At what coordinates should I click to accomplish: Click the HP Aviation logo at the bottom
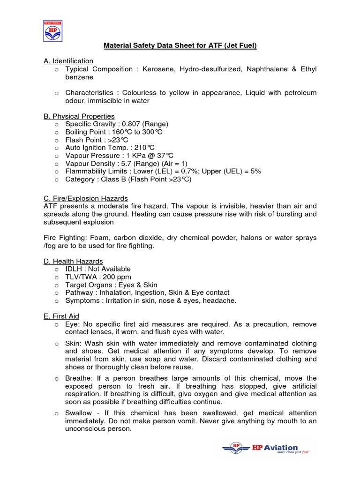pos(267,449)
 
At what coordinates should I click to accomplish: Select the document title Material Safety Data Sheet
pos(180,45)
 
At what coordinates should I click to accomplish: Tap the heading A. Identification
pos(68,61)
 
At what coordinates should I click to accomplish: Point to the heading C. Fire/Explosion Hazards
pos(85,198)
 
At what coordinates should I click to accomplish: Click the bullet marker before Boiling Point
pos(56,132)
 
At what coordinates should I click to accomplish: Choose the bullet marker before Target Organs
pos(56,285)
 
